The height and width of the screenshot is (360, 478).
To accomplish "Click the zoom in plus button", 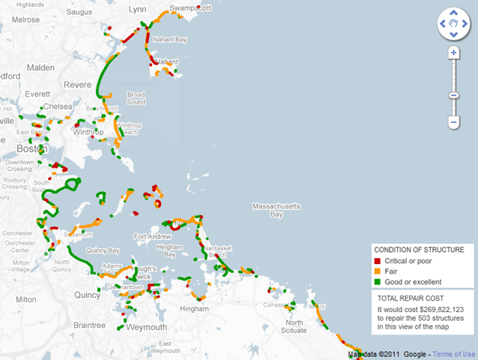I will point(453,53).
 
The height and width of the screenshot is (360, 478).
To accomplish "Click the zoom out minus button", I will point(453,121).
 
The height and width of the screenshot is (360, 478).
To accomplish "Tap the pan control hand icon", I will point(453,24).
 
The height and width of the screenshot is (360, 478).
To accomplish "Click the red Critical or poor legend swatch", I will point(379,260).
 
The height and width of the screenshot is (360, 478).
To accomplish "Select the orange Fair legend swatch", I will point(379,271).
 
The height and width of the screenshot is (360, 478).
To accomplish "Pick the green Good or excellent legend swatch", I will point(379,282).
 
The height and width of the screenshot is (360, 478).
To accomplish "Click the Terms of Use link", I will point(454,354).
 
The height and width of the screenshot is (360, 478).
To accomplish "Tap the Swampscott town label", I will point(190,7).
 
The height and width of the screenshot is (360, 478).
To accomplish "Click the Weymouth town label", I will point(146,328).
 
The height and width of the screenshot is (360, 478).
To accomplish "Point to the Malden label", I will point(40,67).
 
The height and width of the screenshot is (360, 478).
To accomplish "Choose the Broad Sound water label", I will point(136,97).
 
